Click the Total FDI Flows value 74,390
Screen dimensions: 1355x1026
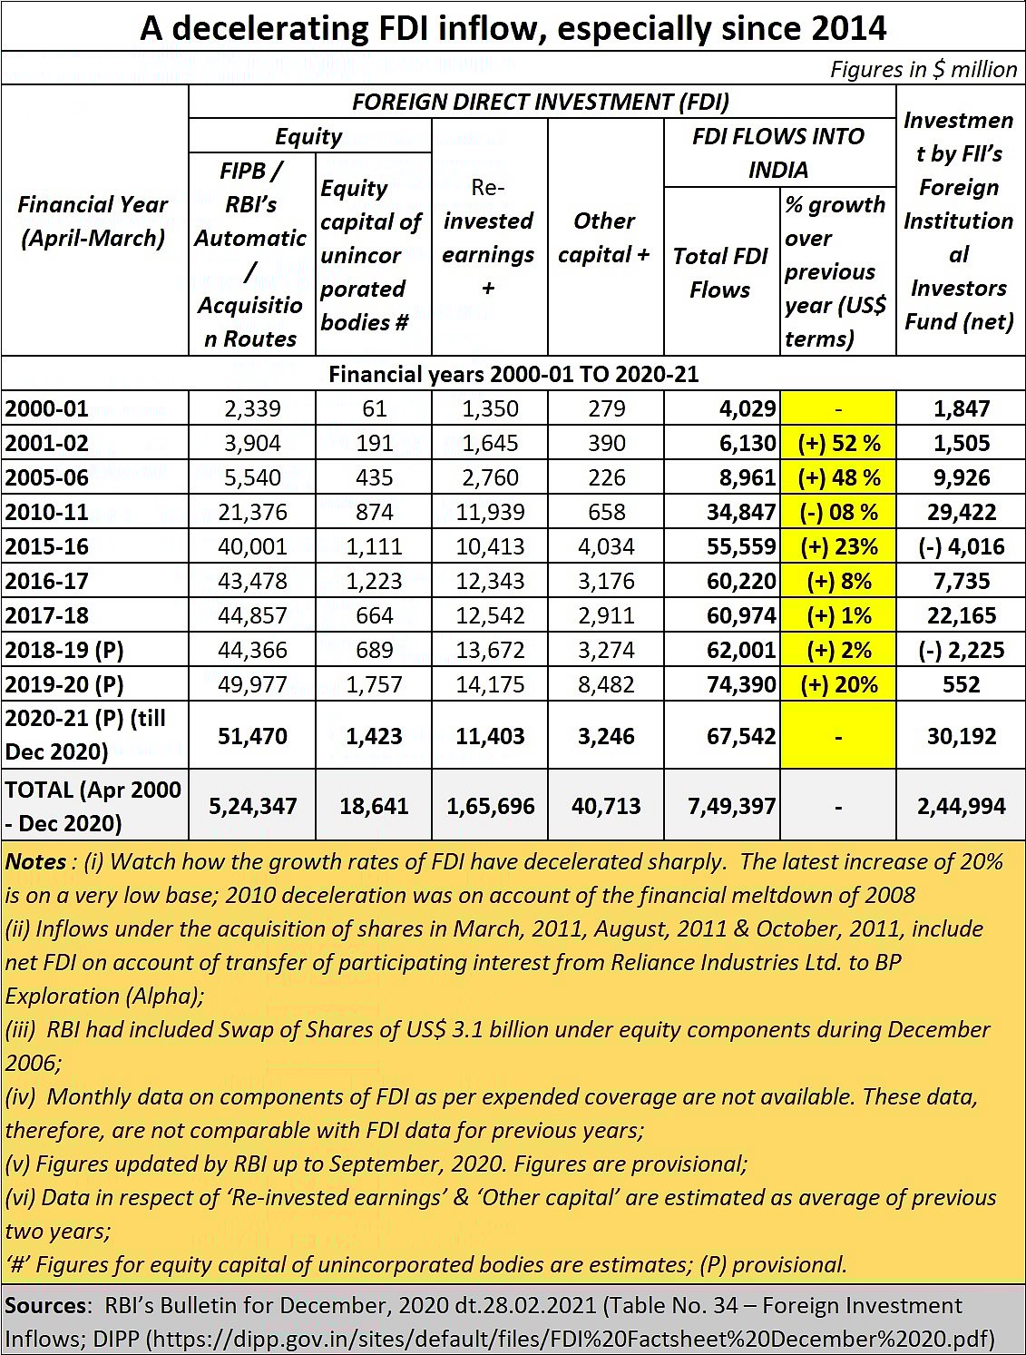click(x=741, y=684)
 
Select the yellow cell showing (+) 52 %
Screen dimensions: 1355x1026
click(x=838, y=443)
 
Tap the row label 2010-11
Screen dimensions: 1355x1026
click(x=47, y=512)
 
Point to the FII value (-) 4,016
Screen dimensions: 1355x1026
click(x=961, y=546)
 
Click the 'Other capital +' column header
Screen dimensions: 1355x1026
click(x=604, y=238)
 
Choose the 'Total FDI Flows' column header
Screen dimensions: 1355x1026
click(x=720, y=272)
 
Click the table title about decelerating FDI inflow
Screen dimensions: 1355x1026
click(x=513, y=28)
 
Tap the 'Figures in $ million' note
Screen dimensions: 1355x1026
click(x=923, y=69)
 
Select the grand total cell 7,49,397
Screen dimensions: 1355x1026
click(x=731, y=806)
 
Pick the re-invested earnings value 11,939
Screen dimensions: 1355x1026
click(x=490, y=512)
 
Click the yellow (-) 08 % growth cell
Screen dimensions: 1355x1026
click(x=838, y=512)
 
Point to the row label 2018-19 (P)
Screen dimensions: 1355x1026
click(x=64, y=650)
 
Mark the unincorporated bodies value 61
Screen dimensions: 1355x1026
click(x=374, y=408)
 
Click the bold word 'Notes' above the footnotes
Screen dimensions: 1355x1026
click(x=35, y=861)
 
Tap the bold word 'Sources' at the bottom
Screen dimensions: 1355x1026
click(x=46, y=1305)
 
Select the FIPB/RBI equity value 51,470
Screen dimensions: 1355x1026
click(x=252, y=736)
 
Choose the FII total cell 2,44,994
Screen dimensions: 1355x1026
click(x=961, y=806)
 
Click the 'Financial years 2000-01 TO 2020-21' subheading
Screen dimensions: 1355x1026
click(x=513, y=374)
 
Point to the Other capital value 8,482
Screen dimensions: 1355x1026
click(x=606, y=684)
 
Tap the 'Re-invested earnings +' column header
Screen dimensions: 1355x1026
click(x=488, y=238)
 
